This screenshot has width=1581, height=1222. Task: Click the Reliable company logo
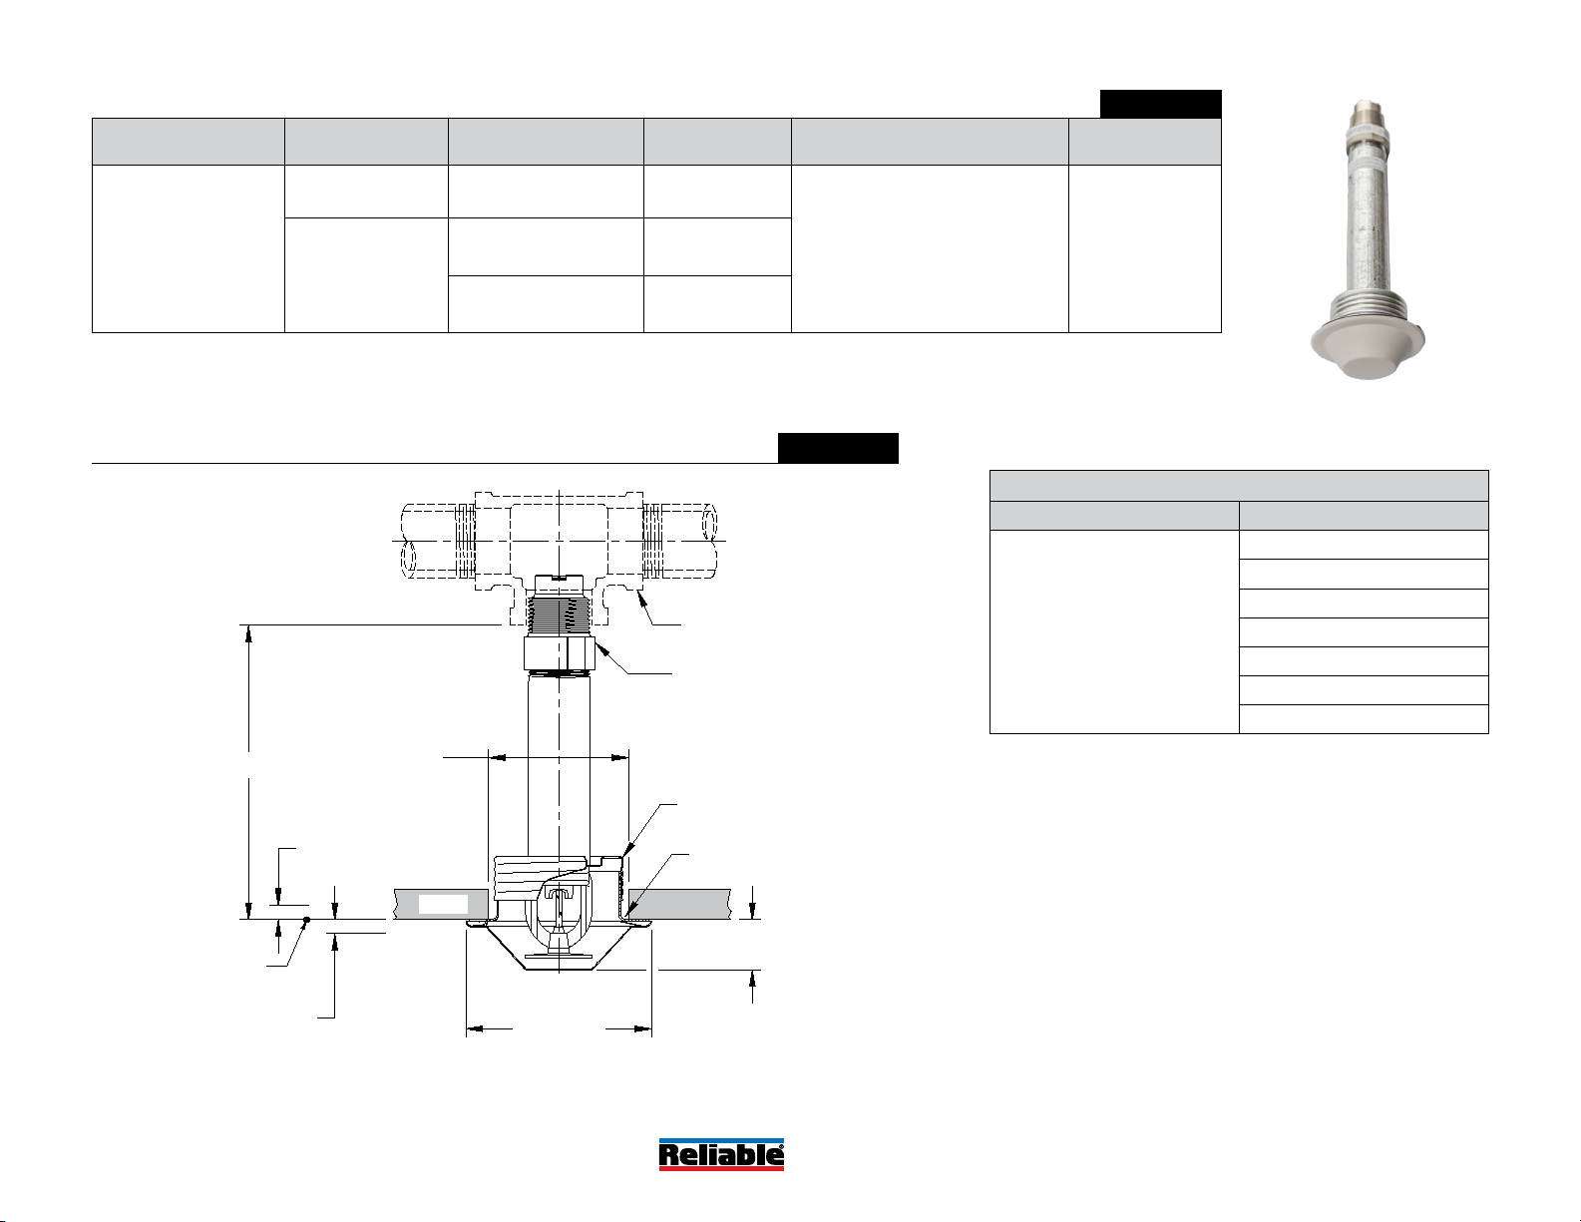coord(721,1154)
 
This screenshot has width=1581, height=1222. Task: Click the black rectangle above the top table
coord(1160,104)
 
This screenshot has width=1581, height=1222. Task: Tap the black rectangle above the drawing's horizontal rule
coord(838,448)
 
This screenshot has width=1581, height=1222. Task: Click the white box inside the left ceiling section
coord(443,905)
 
